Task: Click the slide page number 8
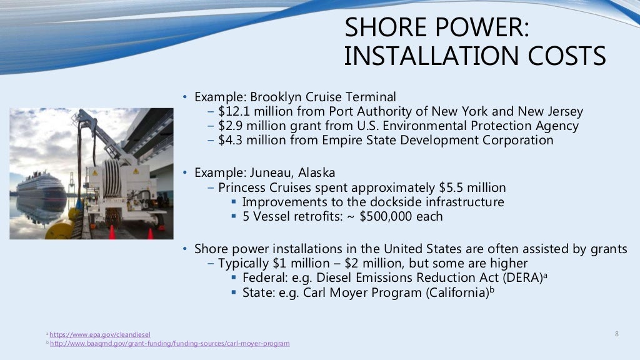click(x=617, y=334)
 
